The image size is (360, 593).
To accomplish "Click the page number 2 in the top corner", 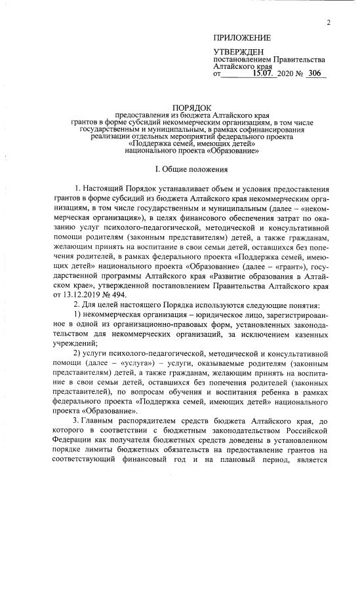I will (x=329, y=22).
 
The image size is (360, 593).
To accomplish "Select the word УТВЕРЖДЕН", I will (x=239, y=51).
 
